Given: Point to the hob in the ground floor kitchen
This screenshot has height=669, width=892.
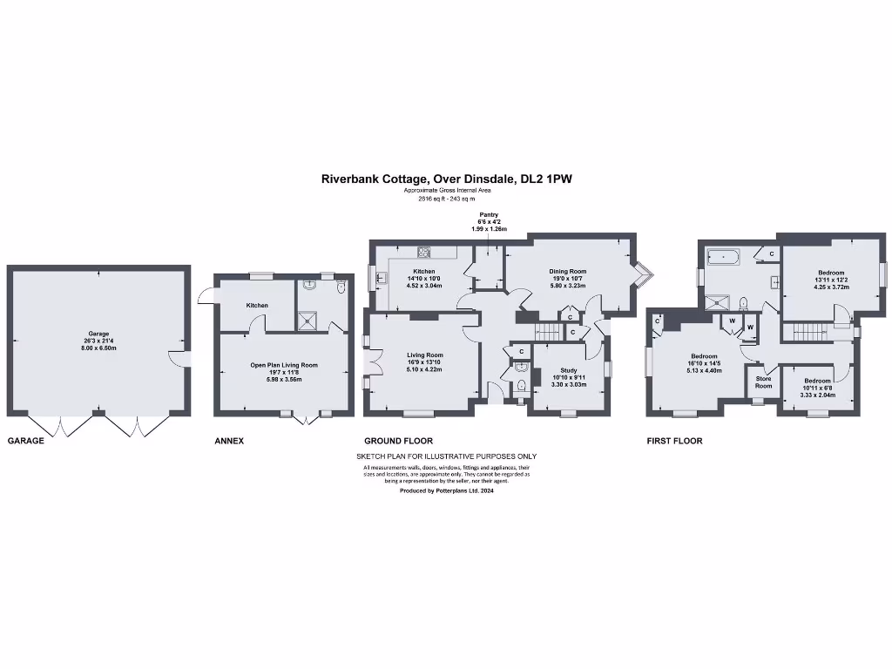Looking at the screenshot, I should pos(424,253).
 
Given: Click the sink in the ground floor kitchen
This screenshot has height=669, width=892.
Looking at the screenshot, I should pos(382,279).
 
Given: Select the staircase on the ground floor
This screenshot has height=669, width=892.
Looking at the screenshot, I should pos(546,332).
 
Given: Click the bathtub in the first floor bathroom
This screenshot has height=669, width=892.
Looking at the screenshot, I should pos(723,257).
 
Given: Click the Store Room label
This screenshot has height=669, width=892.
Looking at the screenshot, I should pos(763,382).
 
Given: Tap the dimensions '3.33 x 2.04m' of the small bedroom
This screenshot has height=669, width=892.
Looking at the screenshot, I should pos(817,395).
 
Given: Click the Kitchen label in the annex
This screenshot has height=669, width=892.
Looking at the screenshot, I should pos(257,306).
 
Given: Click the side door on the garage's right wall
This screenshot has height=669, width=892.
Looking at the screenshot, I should pos(177,360).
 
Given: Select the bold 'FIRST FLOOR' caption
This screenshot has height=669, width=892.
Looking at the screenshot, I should pos(674,441).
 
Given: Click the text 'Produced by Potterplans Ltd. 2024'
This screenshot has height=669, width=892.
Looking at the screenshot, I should pos(446,490).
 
